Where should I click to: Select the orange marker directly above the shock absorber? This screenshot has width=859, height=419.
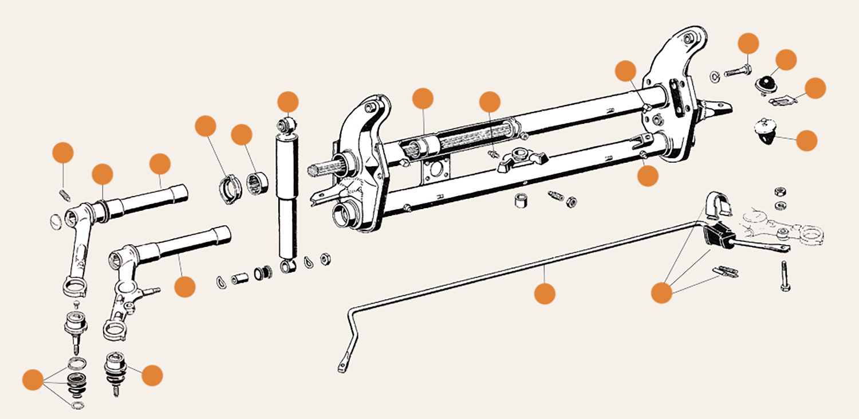[x=288, y=102]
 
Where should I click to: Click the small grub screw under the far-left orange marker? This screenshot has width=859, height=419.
[x=65, y=195]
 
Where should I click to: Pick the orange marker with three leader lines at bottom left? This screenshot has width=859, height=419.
[x=33, y=380]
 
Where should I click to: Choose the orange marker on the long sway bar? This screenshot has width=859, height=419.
[x=545, y=293]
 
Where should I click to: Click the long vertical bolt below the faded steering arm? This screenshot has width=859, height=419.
[x=784, y=276]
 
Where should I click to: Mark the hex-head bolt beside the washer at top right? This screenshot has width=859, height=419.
[x=739, y=73]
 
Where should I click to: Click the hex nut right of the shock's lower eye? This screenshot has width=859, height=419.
[x=324, y=259]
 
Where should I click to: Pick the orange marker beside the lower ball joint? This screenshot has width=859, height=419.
[x=152, y=375]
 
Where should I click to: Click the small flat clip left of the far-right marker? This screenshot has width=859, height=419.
[x=781, y=101]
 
